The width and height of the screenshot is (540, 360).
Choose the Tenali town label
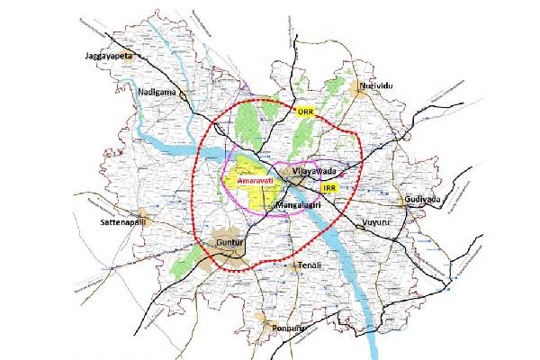pos(310,266)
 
